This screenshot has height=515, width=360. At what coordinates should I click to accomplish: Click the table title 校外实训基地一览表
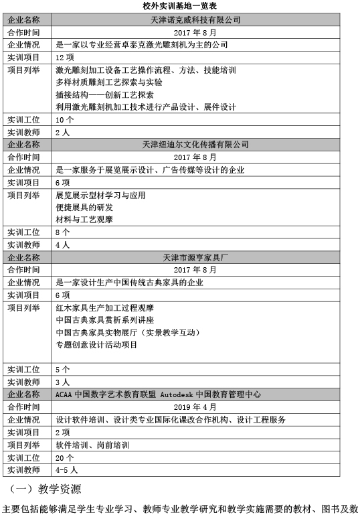coord(180,5)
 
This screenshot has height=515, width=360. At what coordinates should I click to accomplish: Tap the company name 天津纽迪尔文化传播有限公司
coord(195,144)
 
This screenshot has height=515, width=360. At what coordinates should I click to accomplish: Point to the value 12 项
coord(67,58)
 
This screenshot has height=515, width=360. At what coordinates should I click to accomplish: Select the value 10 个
coord(66,119)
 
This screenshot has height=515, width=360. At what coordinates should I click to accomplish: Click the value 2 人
coord(64,132)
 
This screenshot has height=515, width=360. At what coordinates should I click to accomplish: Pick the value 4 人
coord(64,244)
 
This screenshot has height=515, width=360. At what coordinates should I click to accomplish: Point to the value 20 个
coord(66,457)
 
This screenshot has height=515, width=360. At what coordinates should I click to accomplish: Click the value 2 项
coord(64,432)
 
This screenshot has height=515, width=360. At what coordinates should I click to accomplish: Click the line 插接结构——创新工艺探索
coord(105,94)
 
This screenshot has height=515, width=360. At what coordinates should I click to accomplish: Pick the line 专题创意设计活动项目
coord(97,344)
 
